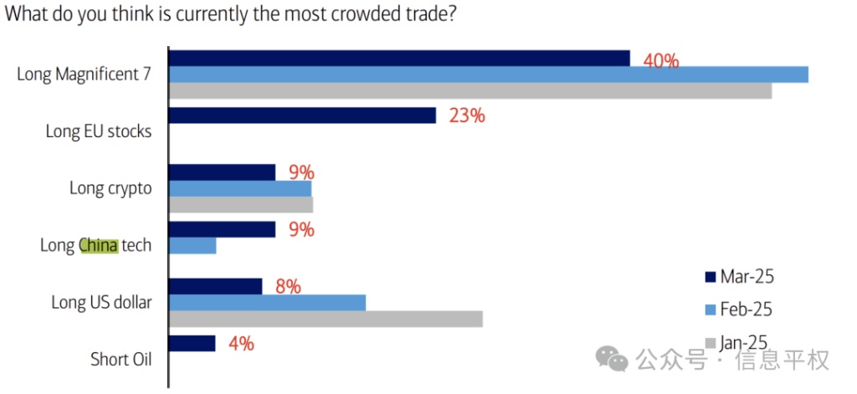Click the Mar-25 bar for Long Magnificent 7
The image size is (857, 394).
tap(399, 58)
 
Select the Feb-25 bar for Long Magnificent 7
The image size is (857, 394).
tap(488, 74)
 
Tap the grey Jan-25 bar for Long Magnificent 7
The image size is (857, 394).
tap(470, 90)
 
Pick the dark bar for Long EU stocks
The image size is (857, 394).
tap(302, 115)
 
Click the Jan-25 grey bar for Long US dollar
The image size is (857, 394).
tap(326, 319)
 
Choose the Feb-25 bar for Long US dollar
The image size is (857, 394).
tap(267, 302)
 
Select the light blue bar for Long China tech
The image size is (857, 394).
tap(192, 245)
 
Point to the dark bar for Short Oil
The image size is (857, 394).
tap(192, 343)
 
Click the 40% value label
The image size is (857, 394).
tap(660, 61)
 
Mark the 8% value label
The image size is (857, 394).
tap(287, 287)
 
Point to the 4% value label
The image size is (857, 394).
tap(240, 343)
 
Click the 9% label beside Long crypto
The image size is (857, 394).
tap(300, 173)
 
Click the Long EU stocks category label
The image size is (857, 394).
tap(99, 131)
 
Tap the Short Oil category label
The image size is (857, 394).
tap(121, 360)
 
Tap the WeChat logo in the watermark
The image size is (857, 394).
tap(612, 360)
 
